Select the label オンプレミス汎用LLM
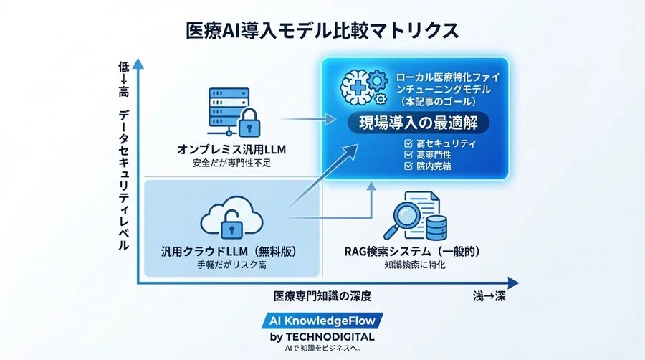click(229, 150)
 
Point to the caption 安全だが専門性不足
click(229, 164)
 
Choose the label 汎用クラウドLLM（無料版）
click(229, 252)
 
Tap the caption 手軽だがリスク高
click(229, 265)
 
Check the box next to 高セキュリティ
click(409, 143)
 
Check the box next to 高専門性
click(409, 154)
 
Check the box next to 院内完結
click(409, 166)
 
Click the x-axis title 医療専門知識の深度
click(322, 296)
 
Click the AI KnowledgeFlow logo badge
click(322, 321)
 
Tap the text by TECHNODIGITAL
click(322, 336)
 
